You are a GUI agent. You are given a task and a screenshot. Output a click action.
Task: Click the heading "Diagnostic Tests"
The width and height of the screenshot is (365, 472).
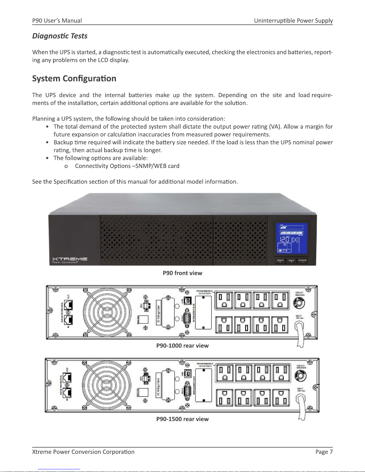coord(60,36)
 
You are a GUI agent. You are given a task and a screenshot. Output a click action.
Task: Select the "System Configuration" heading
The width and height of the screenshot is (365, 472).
coord(74,79)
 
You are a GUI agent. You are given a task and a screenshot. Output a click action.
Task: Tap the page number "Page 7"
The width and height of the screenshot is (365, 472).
coord(324,452)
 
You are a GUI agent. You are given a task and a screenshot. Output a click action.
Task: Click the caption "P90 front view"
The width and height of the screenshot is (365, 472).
coord(182,273)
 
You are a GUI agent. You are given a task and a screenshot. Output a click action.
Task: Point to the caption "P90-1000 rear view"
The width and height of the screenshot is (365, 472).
coord(182,346)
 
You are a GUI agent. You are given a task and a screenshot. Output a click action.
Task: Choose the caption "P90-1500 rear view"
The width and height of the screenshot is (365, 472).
coord(182,419)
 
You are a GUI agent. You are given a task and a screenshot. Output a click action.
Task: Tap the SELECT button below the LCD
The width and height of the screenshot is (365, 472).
coord(291,261)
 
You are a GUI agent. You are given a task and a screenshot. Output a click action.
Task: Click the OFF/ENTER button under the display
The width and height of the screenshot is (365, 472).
coord(302,261)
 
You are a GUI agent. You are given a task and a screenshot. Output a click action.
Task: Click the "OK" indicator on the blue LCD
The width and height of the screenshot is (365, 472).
coord(294,239)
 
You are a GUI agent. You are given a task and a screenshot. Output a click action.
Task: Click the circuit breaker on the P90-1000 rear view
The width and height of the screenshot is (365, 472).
coord(299,303)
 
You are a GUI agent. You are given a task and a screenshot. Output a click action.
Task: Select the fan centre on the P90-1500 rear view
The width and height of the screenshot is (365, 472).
coord(107,385)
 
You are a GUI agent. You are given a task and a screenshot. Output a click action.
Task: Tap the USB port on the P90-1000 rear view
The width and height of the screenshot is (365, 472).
coord(188,301)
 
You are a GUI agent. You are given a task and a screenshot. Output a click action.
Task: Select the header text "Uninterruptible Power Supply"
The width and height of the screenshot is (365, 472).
coord(293,21)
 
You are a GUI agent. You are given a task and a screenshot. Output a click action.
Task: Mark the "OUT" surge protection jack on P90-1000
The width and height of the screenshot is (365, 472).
coord(69,305)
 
